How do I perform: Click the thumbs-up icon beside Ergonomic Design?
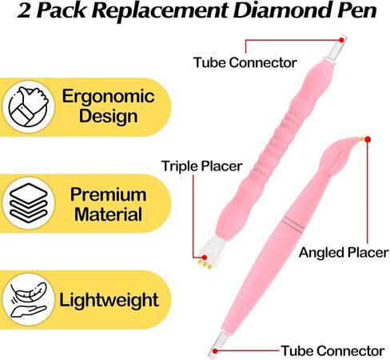click(29, 106)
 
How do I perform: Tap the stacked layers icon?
click(29, 203)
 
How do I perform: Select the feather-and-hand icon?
click(29, 300)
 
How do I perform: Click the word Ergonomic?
click(108, 98)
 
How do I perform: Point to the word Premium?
click(108, 194)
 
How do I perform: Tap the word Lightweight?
click(109, 300)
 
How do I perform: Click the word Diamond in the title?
click(277, 10)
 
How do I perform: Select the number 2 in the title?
click(24, 10)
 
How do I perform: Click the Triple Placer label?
click(202, 166)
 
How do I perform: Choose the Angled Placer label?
click(344, 252)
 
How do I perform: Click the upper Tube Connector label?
click(245, 62)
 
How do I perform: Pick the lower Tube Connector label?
click(332, 350)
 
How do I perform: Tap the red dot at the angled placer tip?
click(368, 139)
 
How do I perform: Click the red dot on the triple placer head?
click(205, 258)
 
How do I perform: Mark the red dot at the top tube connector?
click(341, 40)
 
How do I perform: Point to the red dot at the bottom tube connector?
click(215, 351)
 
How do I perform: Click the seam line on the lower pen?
click(292, 222)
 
